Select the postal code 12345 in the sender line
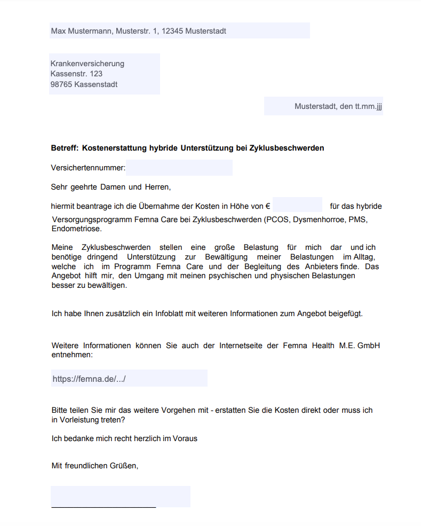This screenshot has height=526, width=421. pyautogui.click(x=173, y=31)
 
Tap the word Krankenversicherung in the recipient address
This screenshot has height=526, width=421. pyautogui.click(x=88, y=64)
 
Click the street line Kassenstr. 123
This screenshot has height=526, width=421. pyautogui.click(x=76, y=74)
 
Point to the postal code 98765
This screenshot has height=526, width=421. pyautogui.click(x=61, y=84)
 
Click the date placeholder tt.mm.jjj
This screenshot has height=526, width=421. pyautogui.click(x=369, y=106)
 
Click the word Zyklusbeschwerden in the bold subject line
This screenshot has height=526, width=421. pyautogui.click(x=287, y=148)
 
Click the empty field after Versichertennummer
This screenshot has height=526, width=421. pyautogui.click(x=179, y=168)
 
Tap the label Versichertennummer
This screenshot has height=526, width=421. pyautogui.click(x=88, y=168)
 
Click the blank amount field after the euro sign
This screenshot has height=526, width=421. pyautogui.click(x=297, y=206)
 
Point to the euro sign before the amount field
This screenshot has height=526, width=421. pyautogui.click(x=268, y=206)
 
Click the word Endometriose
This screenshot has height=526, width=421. pyautogui.click(x=76, y=229)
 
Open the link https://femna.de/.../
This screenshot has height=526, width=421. pyautogui.click(x=89, y=379)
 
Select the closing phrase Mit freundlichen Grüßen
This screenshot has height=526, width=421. pyautogui.click(x=95, y=466)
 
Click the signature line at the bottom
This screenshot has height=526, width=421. pyautogui.click(x=104, y=506)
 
